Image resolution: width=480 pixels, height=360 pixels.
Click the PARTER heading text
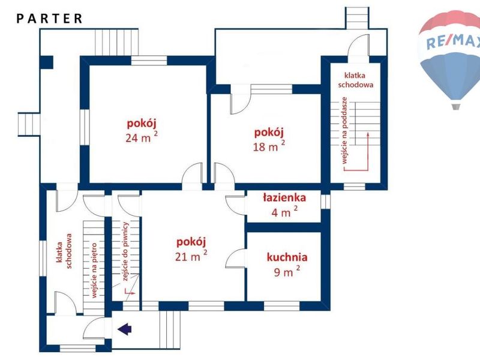[x=49, y=19]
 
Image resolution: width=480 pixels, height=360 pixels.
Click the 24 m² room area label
[x=142, y=138]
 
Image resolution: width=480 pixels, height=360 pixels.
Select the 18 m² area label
[x=269, y=146]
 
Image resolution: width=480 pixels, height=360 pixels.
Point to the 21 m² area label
[x=191, y=256]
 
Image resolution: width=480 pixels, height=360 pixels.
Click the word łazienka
[x=284, y=198]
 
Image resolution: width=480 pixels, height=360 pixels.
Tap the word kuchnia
[x=287, y=257]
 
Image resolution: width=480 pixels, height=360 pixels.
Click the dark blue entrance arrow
[x=125, y=329]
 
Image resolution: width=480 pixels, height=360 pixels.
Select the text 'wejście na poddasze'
[x=344, y=130]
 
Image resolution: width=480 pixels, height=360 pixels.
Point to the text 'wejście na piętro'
[x=94, y=271]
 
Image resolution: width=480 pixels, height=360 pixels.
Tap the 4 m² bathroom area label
[x=284, y=212]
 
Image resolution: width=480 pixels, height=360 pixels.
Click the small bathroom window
[x=325, y=202]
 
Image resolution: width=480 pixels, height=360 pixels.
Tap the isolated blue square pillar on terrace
[x=47, y=62]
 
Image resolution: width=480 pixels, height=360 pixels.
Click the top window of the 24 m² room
[x=149, y=61]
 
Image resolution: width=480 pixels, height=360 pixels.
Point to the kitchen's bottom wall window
[x=281, y=306]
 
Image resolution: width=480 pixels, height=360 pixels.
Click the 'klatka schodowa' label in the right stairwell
[x=355, y=80]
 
